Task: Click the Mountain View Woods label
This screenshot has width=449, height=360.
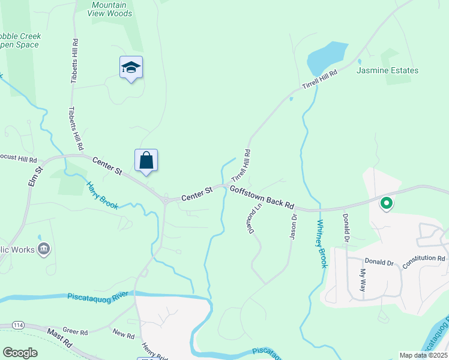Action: (112, 9)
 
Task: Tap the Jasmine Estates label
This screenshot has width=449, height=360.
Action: (387, 70)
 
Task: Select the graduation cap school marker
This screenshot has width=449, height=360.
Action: (131, 68)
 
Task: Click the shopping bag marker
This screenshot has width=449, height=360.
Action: (146, 161)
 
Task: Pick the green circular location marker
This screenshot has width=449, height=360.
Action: (387, 204)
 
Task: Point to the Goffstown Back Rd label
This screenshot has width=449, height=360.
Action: (262, 196)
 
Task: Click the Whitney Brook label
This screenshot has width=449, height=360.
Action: (321, 243)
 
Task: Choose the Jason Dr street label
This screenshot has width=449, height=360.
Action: (293, 227)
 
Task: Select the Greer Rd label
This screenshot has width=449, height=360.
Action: (75, 331)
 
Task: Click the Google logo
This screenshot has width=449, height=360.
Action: (20, 353)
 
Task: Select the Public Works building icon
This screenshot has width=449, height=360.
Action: (43, 248)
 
